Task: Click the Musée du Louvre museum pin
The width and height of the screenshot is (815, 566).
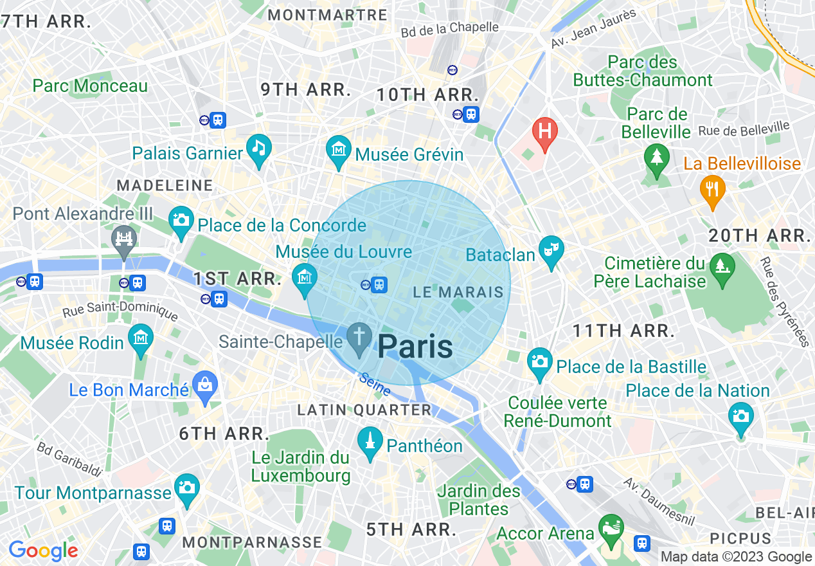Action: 305,277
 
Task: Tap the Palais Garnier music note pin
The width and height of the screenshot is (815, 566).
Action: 258,148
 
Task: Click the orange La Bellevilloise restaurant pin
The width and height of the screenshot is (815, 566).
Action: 712,188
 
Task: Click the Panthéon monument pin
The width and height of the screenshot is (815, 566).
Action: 370,441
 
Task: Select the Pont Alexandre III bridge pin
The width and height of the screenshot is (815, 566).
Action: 124,240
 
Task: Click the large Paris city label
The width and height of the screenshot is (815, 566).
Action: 415,347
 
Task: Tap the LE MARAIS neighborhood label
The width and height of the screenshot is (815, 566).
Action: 458,292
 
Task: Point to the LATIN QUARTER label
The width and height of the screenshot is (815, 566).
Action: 364,410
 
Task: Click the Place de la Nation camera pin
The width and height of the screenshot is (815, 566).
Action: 740,415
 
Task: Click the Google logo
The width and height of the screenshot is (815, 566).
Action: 43,551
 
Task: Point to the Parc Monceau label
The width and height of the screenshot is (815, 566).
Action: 90,86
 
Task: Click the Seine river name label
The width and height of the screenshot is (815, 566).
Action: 375,384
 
